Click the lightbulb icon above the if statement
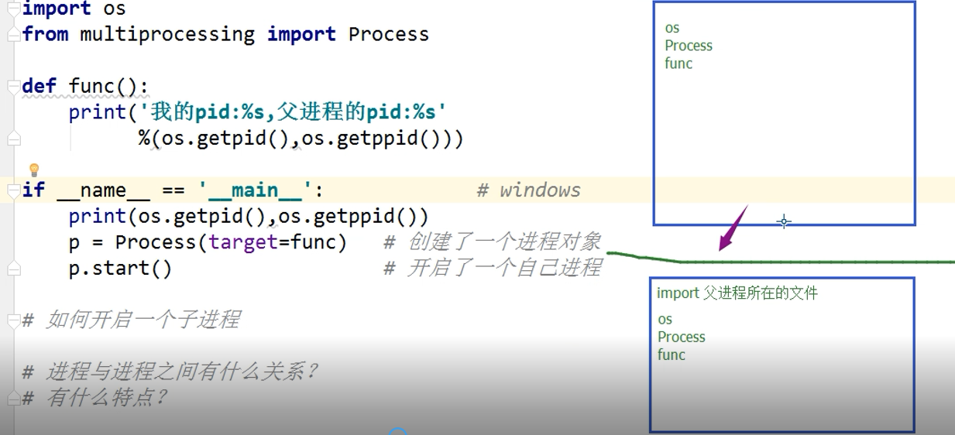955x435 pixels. [x=33, y=170]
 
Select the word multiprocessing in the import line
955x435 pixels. [x=167, y=34]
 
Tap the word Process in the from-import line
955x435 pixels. [x=388, y=34]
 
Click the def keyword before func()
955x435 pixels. [x=39, y=86]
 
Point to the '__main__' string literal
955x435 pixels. [x=257, y=190]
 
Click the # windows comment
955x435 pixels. [x=528, y=190]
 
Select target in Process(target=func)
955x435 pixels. [x=243, y=242]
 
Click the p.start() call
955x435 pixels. [x=120, y=269]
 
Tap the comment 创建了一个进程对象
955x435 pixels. [x=504, y=242]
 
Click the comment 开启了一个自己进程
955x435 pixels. [x=504, y=269]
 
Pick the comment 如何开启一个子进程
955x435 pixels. [x=143, y=320]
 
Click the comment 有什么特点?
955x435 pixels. [x=107, y=398]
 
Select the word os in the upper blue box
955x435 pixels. [x=672, y=29]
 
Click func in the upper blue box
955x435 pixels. [x=678, y=63]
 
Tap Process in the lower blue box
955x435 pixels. [x=682, y=337]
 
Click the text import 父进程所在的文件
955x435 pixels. [x=737, y=293]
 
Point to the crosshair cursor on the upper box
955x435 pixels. [x=784, y=222]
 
